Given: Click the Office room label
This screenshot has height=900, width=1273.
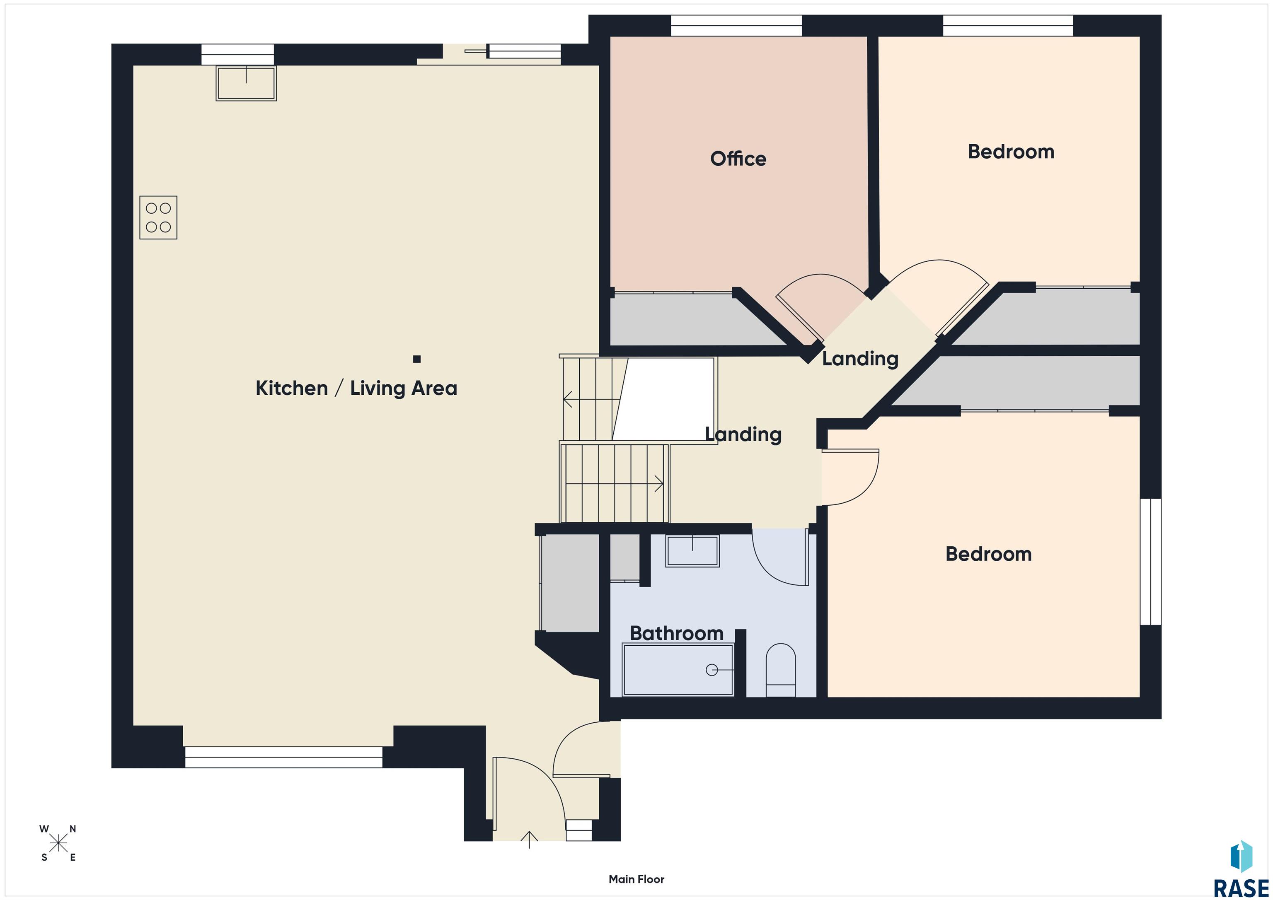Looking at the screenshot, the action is pyautogui.click(x=738, y=159).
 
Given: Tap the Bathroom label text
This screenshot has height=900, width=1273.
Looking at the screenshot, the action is pyautogui.click(x=676, y=633).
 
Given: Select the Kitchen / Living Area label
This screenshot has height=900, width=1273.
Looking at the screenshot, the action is pyautogui.click(x=356, y=388).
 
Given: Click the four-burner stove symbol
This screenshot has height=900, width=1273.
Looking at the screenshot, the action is pyautogui.click(x=158, y=217).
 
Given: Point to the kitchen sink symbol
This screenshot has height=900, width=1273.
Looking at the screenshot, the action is pyautogui.click(x=246, y=83).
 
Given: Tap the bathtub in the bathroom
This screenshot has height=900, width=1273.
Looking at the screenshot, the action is pyautogui.click(x=678, y=669).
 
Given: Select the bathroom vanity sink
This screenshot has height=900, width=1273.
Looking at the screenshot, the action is pyautogui.click(x=692, y=550).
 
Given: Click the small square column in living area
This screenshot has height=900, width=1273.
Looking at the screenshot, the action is pyautogui.click(x=417, y=359).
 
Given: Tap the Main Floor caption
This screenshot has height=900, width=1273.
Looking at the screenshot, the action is pyautogui.click(x=636, y=879).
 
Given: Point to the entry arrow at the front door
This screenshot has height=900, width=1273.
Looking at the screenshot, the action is pyautogui.click(x=530, y=840).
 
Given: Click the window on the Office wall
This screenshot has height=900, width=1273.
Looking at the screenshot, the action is pyautogui.click(x=736, y=26).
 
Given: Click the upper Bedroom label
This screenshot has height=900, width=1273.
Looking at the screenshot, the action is pyautogui.click(x=1011, y=152).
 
